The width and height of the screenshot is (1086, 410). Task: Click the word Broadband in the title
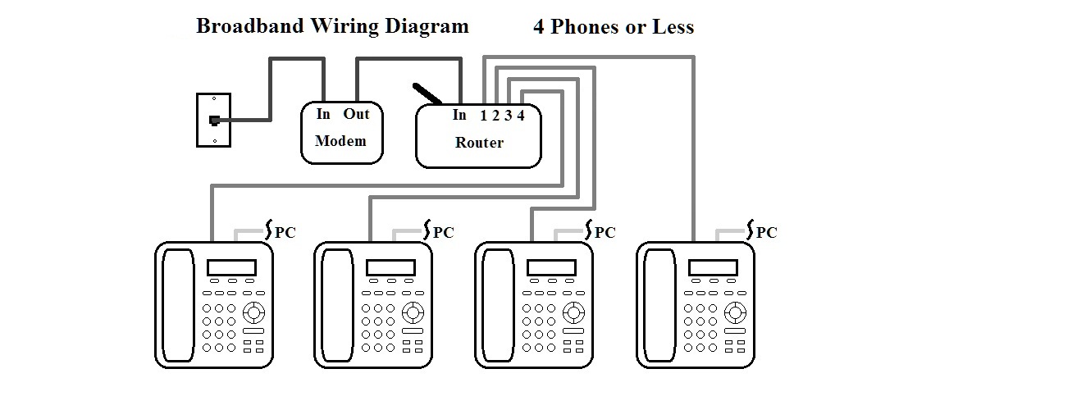pos(249,26)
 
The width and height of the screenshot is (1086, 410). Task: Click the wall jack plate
pos(213,121)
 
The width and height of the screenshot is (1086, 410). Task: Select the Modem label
pos(340,141)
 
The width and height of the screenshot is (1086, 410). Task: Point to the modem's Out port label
pos(357,114)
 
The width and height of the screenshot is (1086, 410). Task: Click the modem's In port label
pos(323,114)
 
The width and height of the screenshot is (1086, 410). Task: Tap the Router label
pos(479,143)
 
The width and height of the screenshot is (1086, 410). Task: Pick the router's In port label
pos(459,115)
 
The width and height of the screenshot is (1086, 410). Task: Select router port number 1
pos(484,116)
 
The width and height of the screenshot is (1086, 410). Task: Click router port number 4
pos(521,116)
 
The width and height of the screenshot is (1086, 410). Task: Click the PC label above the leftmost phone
pos(285,233)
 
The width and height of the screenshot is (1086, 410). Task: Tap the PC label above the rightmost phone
pos(766,233)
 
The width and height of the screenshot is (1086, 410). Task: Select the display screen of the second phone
pos(390,267)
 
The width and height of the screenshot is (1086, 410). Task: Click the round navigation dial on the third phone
pos(573,312)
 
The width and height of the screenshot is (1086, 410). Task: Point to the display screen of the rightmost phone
pos(712,267)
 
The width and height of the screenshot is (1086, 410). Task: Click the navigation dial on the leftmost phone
pos(254,312)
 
